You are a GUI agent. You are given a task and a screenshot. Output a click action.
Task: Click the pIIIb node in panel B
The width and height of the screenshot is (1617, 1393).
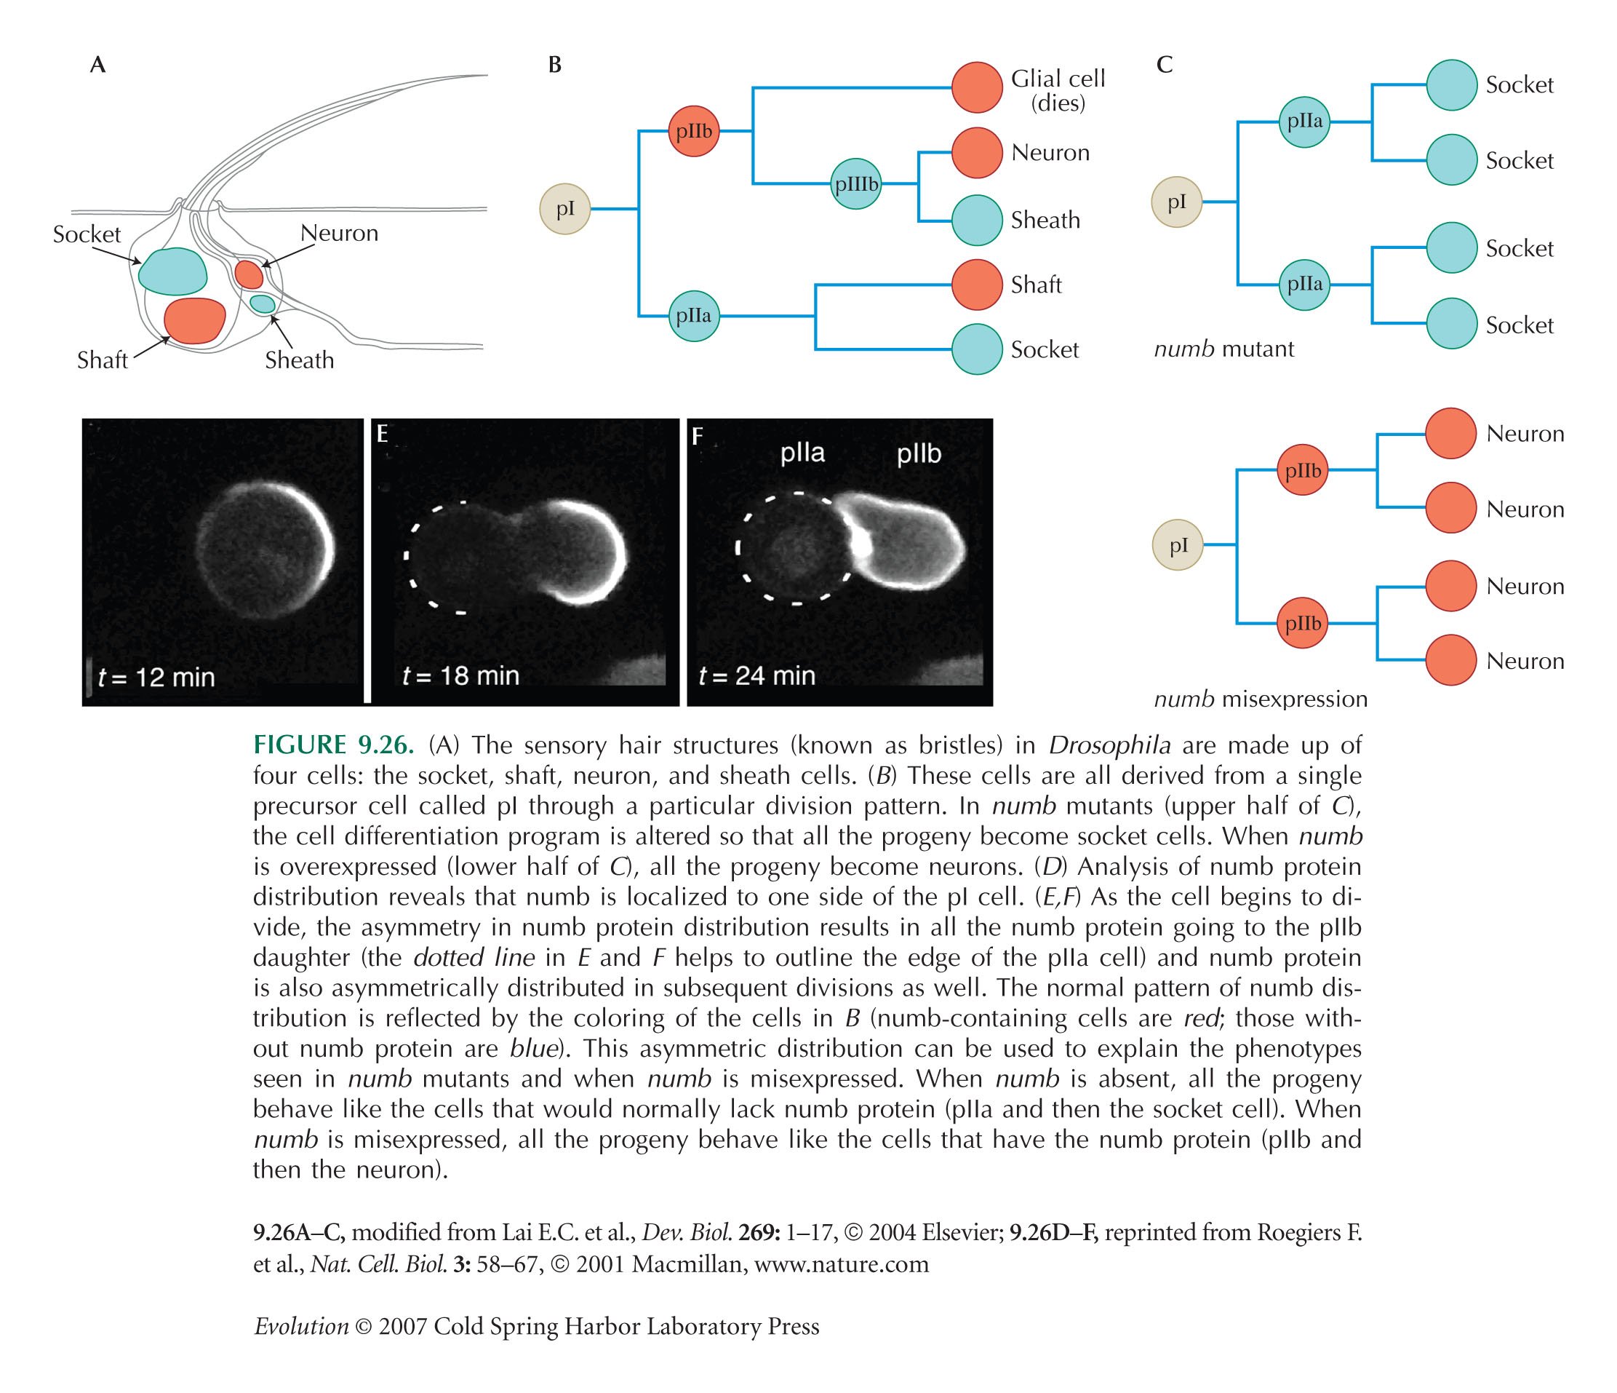pyautogui.click(x=856, y=184)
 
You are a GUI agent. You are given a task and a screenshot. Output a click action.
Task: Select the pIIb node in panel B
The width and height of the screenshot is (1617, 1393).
pyautogui.click(x=694, y=130)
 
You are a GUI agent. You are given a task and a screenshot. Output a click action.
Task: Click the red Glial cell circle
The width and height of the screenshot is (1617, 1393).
pyautogui.click(x=977, y=87)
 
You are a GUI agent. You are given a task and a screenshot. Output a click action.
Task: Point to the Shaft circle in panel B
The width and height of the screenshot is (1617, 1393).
pyautogui.click(x=977, y=285)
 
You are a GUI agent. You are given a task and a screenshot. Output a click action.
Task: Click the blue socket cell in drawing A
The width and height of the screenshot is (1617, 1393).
pyautogui.click(x=172, y=271)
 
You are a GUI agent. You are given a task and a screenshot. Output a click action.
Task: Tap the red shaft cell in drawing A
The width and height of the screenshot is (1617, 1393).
pyautogui.click(x=194, y=320)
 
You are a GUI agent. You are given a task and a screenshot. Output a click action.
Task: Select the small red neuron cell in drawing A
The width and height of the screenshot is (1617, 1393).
pyautogui.click(x=249, y=274)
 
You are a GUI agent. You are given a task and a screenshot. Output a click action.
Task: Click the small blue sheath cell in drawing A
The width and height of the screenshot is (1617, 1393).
pyautogui.click(x=262, y=303)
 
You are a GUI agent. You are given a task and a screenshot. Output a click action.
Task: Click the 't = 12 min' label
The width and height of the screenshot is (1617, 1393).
pyautogui.click(x=156, y=676)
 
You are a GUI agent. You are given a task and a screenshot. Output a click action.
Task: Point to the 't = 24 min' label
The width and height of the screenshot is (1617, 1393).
pyautogui.click(x=756, y=675)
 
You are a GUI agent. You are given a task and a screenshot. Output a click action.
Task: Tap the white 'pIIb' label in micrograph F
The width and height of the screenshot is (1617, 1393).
pyautogui.click(x=919, y=453)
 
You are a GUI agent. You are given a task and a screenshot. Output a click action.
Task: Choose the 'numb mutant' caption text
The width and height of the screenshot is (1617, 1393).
pyautogui.click(x=1223, y=348)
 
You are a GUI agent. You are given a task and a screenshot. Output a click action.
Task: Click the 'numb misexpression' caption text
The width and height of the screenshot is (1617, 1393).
pyautogui.click(x=1261, y=699)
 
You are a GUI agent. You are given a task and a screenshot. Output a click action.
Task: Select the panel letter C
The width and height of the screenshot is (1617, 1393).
pyautogui.click(x=1165, y=65)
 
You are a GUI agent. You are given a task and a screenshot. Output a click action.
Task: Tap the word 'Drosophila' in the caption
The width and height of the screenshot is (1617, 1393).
pyautogui.click(x=1109, y=746)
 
